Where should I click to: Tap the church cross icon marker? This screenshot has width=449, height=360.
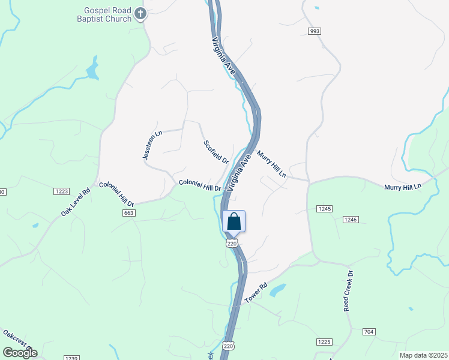click(x=140, y=13)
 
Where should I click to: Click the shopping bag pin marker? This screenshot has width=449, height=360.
click(x=234, y=221)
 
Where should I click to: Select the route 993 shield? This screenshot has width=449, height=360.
click(x=314, y=31)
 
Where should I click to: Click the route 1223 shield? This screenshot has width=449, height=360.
click(x=62, y=191)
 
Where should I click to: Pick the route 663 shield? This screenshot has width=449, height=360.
click(x=128, y=212)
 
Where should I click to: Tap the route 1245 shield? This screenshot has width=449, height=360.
click(x=324, y=208)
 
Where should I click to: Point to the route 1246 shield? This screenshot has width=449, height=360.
click(x=351, y=220)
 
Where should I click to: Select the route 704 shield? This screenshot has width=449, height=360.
click(x=369, y=331)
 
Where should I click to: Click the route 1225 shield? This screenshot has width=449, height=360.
click(x=324, y=341)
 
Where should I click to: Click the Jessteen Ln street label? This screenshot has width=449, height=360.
click(x=152, y=145)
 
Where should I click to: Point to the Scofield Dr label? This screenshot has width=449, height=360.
click(x=215, y=152)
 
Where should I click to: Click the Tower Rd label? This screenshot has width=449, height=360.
click(x=255, y=292)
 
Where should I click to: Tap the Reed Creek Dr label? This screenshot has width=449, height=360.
click(x=348, y=290)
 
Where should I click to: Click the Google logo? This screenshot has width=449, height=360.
click(x=20, y=353)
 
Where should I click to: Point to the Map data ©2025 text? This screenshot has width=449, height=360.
click(x=423, y=355)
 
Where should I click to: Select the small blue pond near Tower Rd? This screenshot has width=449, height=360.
click(x=277, y=290)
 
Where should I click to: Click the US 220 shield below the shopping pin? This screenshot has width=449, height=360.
click(x=232, y=243)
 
